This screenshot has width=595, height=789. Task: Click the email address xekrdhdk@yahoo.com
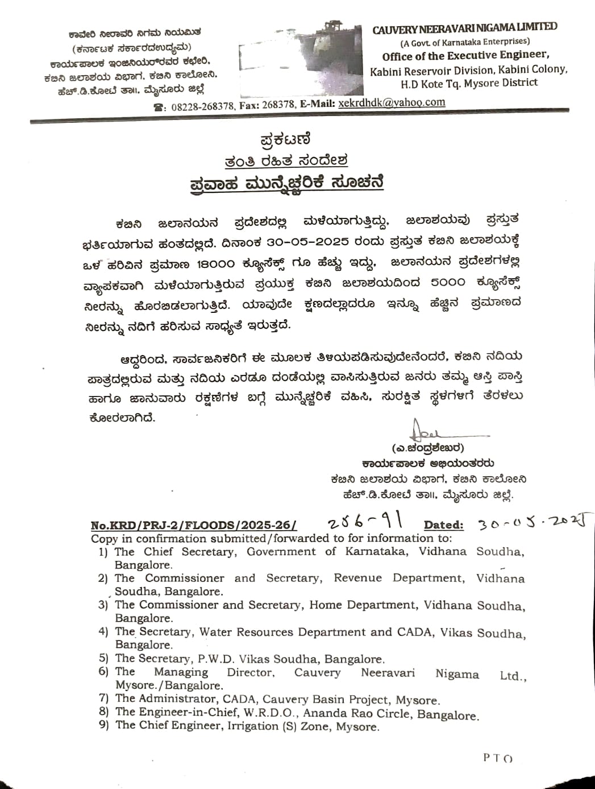click(392, 103)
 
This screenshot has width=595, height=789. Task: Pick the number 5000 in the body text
click(448, 282)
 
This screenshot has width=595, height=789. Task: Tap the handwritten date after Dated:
click(532, 522)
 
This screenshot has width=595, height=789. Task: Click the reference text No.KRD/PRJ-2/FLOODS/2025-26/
click(194, 526)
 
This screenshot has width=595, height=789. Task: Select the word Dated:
click(443, 526)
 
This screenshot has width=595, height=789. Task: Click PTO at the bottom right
click(498, 758)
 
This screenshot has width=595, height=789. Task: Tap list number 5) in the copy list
click(103, 658)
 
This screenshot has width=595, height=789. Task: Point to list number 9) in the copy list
click(103, 725)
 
